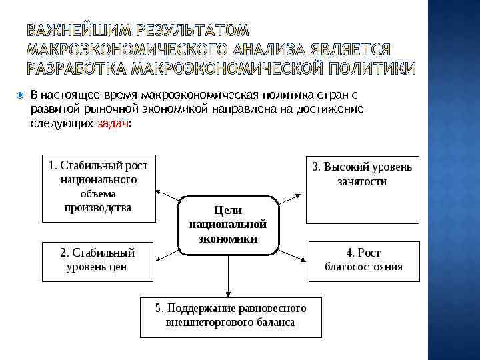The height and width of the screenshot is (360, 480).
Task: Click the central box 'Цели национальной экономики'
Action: pos(227,225)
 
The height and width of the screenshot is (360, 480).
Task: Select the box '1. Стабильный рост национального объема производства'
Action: pos(98,189)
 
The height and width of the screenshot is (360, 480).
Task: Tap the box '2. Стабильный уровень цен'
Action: pos(98,261)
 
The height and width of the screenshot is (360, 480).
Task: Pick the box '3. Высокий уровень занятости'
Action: pos(363,189)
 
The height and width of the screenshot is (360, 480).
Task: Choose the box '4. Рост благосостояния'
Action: pos(364,261)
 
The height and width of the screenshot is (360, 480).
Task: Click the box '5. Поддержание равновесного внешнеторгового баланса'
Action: pos(230,317)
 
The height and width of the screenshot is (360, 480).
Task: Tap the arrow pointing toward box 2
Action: pos(166,251)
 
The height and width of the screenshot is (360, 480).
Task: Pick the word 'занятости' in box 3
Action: pos(362,181)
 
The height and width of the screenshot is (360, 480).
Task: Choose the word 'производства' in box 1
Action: pos(98,207)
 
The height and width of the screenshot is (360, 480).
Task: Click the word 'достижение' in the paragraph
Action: pos(331,109)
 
